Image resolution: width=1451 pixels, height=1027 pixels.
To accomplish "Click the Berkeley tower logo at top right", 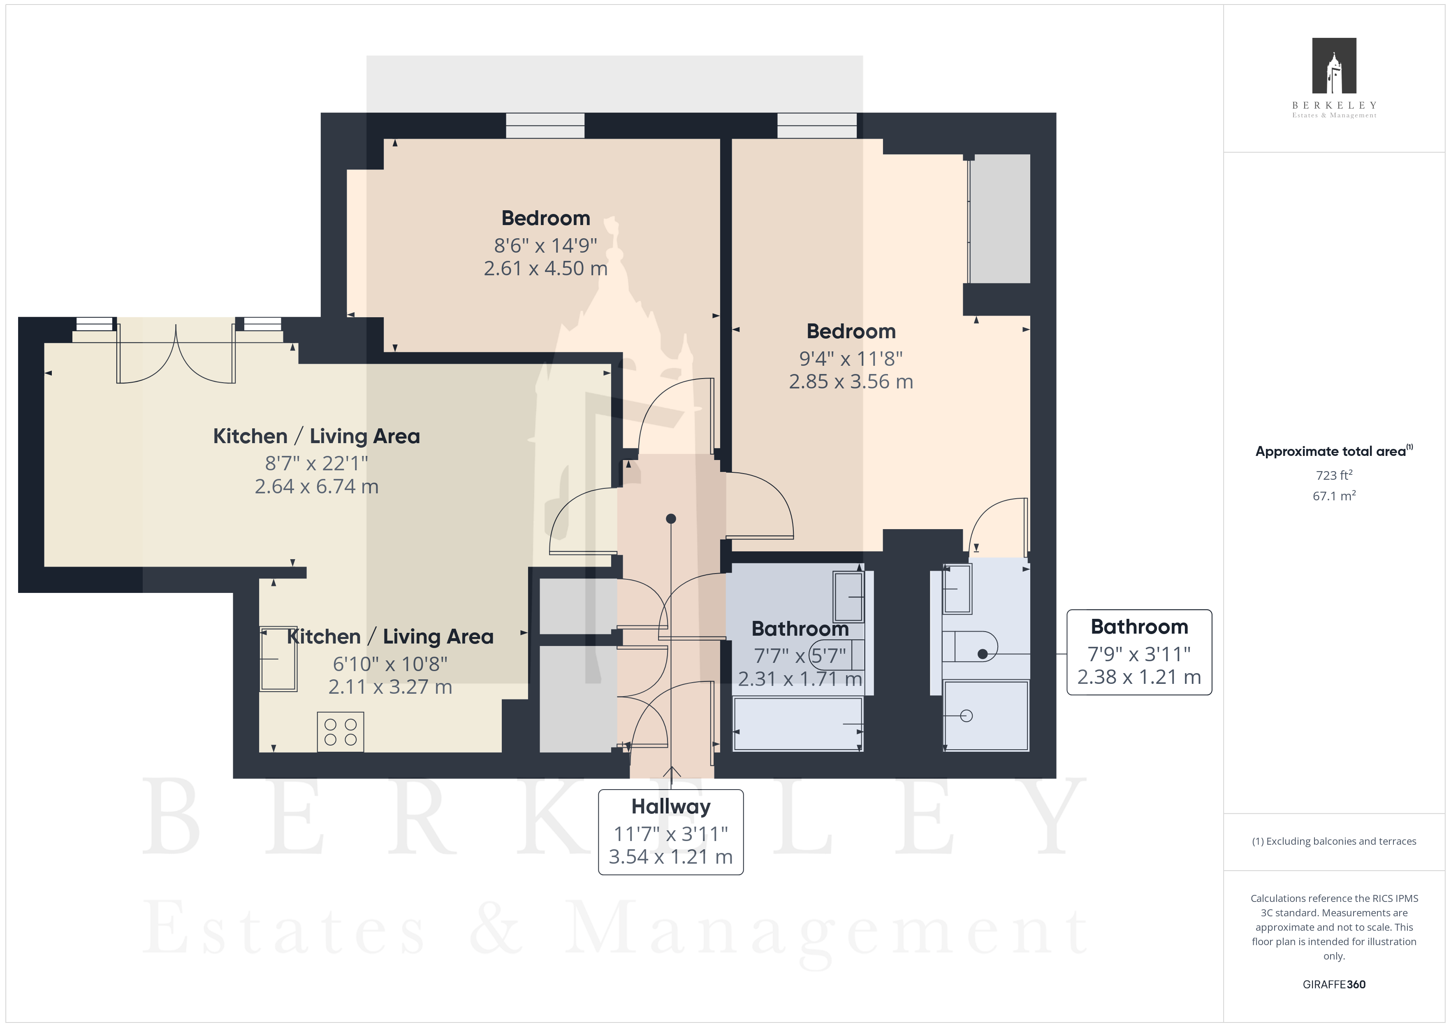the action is (1334, 66).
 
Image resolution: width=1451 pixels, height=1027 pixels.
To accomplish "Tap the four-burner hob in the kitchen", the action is (341, 732).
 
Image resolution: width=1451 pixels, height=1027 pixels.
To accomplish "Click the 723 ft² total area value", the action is (1334, 475).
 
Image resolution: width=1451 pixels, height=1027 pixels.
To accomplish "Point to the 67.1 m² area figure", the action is (1334, 496).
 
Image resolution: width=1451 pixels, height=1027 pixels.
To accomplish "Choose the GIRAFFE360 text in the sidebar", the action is (1334, 985).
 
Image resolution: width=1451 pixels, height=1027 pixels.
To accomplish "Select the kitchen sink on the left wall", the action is (278, 659).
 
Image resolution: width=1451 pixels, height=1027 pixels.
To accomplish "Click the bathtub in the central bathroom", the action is (797, 724).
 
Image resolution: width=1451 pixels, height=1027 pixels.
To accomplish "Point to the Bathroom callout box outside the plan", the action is (1139, 652).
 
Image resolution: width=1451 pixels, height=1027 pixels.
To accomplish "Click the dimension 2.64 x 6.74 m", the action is (317, 486).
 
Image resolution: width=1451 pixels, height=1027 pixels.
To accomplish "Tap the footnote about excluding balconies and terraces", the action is (1334, 841).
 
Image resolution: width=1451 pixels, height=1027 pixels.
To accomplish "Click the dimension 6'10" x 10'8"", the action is (390, 664).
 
